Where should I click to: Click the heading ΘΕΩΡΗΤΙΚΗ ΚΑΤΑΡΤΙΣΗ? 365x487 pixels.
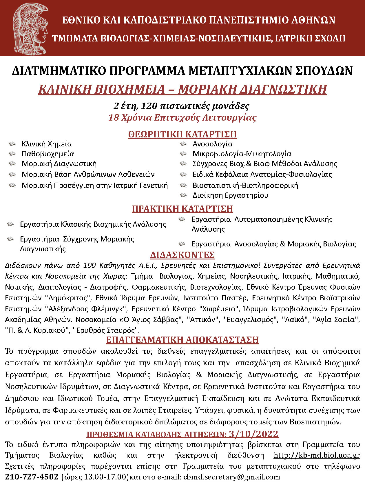182,134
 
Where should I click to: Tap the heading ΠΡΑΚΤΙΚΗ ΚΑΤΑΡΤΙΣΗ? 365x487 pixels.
182,209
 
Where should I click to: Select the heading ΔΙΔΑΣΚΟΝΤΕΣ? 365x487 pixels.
182,255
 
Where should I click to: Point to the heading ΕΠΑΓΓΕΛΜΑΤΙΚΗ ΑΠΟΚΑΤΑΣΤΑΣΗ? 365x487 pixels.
182,339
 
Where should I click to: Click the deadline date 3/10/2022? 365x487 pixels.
253,434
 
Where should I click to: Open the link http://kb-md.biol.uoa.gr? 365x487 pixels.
317,455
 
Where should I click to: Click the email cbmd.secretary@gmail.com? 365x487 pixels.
232,477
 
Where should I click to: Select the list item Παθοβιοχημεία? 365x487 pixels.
48,154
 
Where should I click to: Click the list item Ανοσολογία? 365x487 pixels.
212,144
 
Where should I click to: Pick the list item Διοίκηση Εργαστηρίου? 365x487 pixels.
230,195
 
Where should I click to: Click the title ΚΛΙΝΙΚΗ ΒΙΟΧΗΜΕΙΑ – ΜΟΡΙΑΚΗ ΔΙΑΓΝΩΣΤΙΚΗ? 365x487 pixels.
182,89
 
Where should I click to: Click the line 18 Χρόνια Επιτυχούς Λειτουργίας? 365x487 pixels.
182,118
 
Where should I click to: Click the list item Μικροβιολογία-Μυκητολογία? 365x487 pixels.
242,154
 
